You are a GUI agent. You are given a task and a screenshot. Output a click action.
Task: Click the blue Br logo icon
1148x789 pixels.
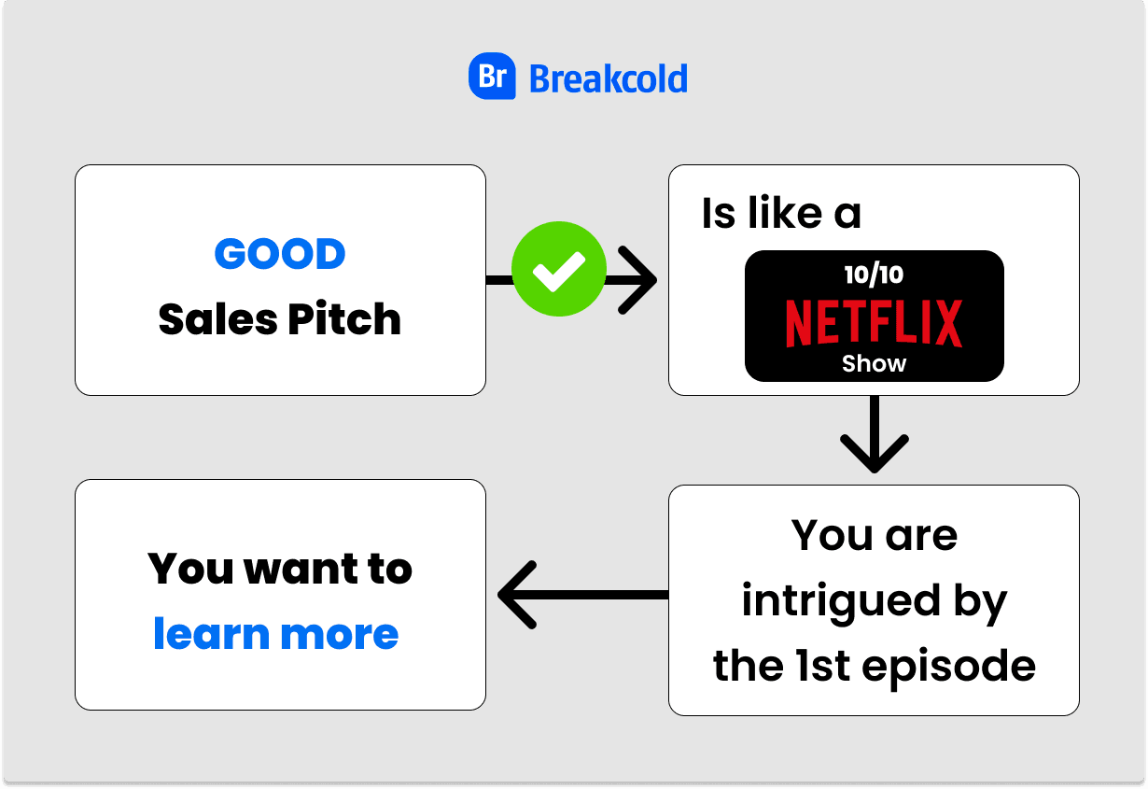tap(492, 77)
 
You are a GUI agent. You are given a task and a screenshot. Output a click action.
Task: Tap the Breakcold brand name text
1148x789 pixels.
tap(608, 78)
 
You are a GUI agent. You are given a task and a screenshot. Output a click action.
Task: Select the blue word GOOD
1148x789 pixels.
tap(280, 254)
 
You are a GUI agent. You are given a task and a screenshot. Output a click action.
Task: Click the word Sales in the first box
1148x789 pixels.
tap(217, 320)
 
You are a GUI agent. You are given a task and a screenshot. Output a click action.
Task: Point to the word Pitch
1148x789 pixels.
tap(344, 320)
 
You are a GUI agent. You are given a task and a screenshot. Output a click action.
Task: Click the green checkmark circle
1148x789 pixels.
tap(559, 269)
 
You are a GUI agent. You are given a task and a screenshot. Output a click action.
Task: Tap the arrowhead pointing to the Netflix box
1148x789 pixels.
tap(637, 279)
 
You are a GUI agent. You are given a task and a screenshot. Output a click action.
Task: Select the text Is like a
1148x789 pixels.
tap(781, 214)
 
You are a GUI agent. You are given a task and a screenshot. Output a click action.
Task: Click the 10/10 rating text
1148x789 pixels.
tap(874, 275)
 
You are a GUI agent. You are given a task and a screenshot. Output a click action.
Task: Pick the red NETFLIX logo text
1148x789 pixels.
tap(874, 323)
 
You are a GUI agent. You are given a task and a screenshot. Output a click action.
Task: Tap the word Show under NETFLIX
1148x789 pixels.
tap(874, 364)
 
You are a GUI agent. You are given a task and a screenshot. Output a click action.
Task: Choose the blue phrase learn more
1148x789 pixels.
tap(276, 634)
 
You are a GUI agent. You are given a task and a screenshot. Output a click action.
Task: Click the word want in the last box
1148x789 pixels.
tap(281, 569)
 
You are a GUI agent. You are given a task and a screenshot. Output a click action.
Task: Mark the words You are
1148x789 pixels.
tap(874, 536)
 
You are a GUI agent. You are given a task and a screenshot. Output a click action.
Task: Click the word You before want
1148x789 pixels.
tap(185, 569)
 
